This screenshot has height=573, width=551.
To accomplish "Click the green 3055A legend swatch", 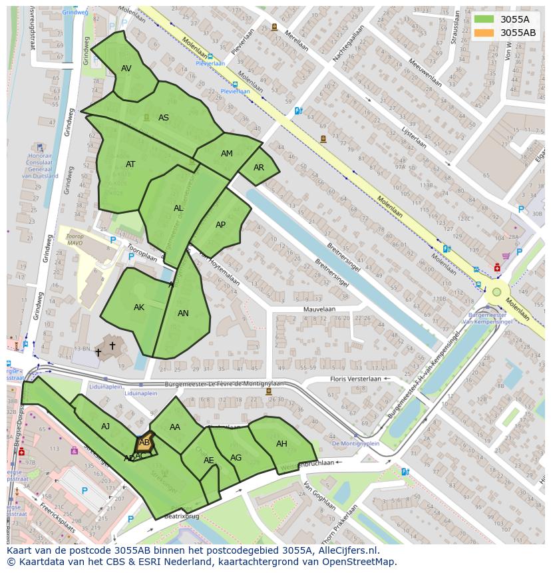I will (x=484, y=19).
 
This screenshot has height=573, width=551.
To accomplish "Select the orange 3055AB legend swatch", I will (x=484, y=33).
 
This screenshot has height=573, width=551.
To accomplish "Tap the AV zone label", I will (x=126, y=69).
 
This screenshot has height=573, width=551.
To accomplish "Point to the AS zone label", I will (x=164, y=118).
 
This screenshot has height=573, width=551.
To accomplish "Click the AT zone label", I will (x=130, y=164).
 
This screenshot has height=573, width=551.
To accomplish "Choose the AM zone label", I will (x=227, y=154).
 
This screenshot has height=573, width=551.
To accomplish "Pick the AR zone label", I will (x=259, y=168).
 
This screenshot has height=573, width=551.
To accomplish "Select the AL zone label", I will (x=178, y=208).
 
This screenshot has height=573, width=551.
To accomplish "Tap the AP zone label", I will (x=221, y=225).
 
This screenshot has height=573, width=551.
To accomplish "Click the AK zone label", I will (x=139, y=307).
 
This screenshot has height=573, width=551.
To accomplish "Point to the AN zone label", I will (x=183, y=313).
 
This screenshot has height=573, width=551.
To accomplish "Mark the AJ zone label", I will (x=106, y=427).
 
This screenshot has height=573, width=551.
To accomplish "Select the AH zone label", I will (x=281, y=444).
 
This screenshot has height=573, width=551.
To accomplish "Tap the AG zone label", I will (x=236, y=458).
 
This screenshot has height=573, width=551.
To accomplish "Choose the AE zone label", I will (x=209, y=461).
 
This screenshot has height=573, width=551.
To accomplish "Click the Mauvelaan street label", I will (x=319, y=309).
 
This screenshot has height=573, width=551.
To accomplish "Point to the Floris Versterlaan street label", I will (x=356, y=379).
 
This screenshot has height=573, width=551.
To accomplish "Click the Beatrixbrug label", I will (x=182, y=516).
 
